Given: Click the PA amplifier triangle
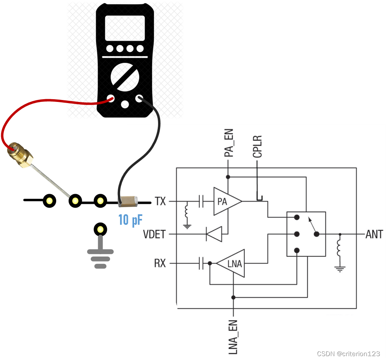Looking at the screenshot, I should pos(225,202).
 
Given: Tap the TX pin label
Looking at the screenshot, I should pos(160,202).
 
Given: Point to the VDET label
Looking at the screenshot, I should pos(155,234).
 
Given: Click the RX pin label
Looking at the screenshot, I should pos(160,264).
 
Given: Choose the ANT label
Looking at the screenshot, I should pos(374,234).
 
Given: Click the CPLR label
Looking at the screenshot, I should pos(257,147).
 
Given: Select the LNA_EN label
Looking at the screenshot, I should pos(233,337).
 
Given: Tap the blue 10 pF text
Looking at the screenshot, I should pos(130,220).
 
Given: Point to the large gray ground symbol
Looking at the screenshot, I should pos(100,252).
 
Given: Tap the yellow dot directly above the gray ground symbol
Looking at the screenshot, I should pos(100,229).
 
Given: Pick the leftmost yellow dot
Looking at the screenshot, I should pos(49,201).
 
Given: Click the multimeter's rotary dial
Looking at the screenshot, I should pos(124,76).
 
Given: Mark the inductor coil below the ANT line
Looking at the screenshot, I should pos(340,250).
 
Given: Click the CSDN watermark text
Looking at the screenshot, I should pos(348,354).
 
